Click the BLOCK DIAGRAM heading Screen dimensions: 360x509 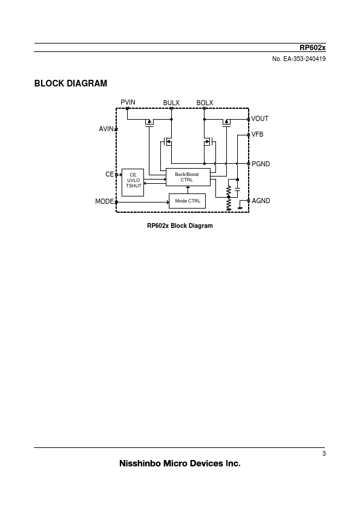[x=71, y=83]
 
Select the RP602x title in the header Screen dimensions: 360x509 [x=312, y=48]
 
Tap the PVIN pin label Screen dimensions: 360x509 [x=128, y=102]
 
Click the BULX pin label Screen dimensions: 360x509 [x=171, y=103]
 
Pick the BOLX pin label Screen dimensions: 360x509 [x=205, y=103]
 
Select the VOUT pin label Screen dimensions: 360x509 [x=260, y=119]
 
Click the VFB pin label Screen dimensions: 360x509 [x=257, y=134]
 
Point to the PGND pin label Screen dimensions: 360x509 [x=261, y=164]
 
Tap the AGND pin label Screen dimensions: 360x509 [x=261, y=201]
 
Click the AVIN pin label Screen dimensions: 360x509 [x=106, y=129]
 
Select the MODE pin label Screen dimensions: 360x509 [x=104, y=201]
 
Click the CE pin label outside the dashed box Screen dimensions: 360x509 [x=110, y=174]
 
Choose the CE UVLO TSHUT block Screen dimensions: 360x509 [x=133, y=183]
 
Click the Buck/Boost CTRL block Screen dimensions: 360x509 [x=188, y=177]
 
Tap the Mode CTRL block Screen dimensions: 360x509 [x=187, y=201]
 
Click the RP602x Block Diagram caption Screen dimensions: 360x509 [x=180, y=225]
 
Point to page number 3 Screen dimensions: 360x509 [x=324, y=453]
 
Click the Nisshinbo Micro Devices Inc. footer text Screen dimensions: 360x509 [x=180, y=463]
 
